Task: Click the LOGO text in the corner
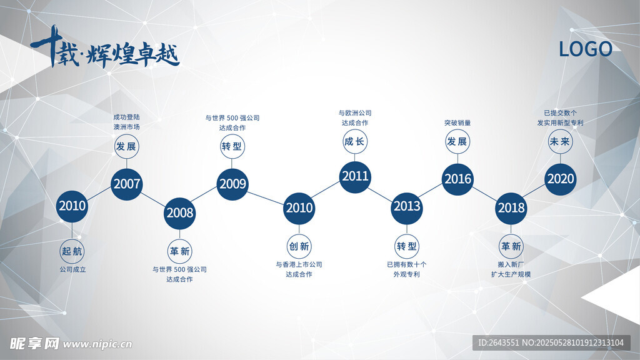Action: pos(585,49)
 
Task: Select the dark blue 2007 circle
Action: pos(126,184)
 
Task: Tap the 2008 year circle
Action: pos(179,213)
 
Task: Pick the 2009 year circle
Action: pos(232,184)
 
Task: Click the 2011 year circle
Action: pos(355,177)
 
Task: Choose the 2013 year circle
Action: pos(406,208)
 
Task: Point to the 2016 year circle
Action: pos(457,179)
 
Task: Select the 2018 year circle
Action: pos(511,208)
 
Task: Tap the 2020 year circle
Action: pos(561,179)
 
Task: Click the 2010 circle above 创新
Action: pos(299,208)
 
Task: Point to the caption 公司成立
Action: pos(72,270)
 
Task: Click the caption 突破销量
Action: pos(457,123)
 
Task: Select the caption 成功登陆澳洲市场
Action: pos(126,122)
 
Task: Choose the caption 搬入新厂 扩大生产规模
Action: pos(511,269)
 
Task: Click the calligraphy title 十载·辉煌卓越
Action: pos(105,48)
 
